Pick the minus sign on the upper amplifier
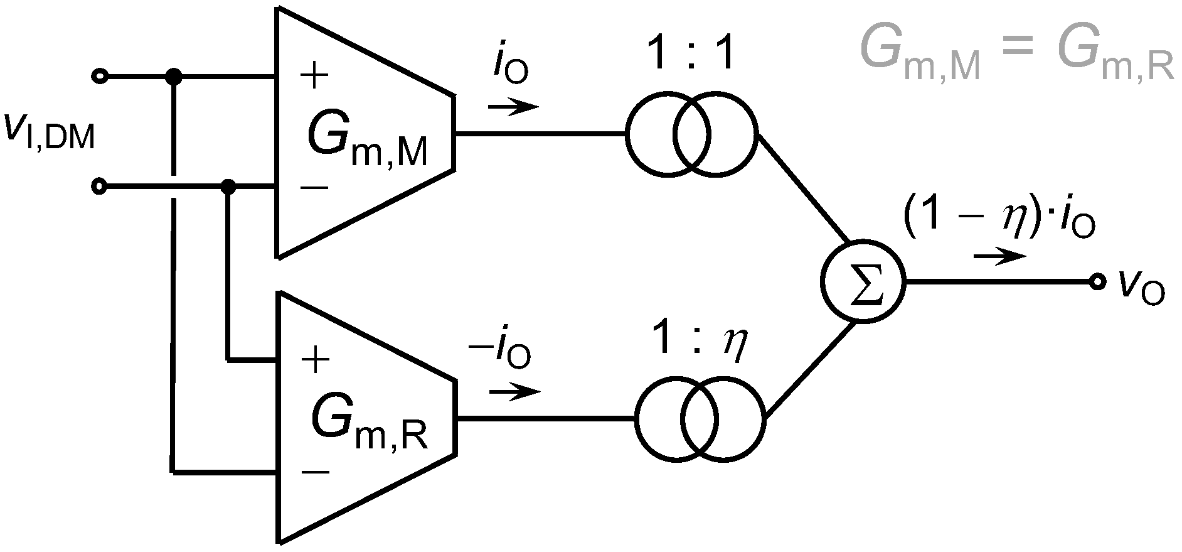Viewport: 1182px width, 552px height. (314, 187)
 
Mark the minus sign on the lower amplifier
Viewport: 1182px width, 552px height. (316, 472)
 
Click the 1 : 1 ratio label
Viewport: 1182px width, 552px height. (690, 57)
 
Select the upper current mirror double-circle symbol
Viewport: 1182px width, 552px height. (691, 134)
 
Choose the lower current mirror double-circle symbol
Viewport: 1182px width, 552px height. (700, 418)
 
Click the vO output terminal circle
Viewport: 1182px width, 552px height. (1097, 282)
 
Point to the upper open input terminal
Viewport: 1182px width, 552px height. (99, 77)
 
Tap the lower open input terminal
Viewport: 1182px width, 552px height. (99, 187)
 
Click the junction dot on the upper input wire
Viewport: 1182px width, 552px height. (173, 77)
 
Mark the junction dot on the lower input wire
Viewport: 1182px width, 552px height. (229, 187)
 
